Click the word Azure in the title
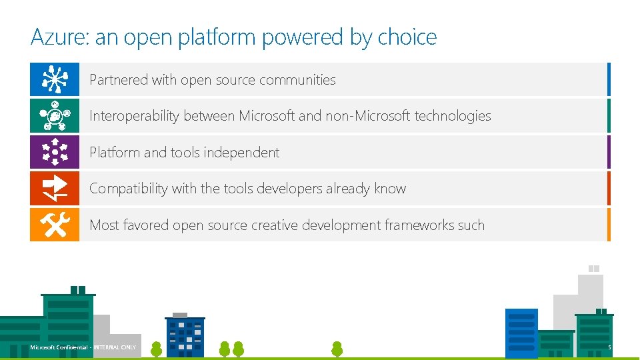click(59, 37)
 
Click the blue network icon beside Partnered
click(55, 79)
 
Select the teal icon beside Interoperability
click(55, 116)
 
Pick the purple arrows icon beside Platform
click(55, 152)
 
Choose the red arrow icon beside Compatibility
click(55, 188)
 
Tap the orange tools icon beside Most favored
click(55, 225)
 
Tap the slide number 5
click(609, 347)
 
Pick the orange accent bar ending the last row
click(608, 225)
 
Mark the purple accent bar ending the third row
click(608, 152)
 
